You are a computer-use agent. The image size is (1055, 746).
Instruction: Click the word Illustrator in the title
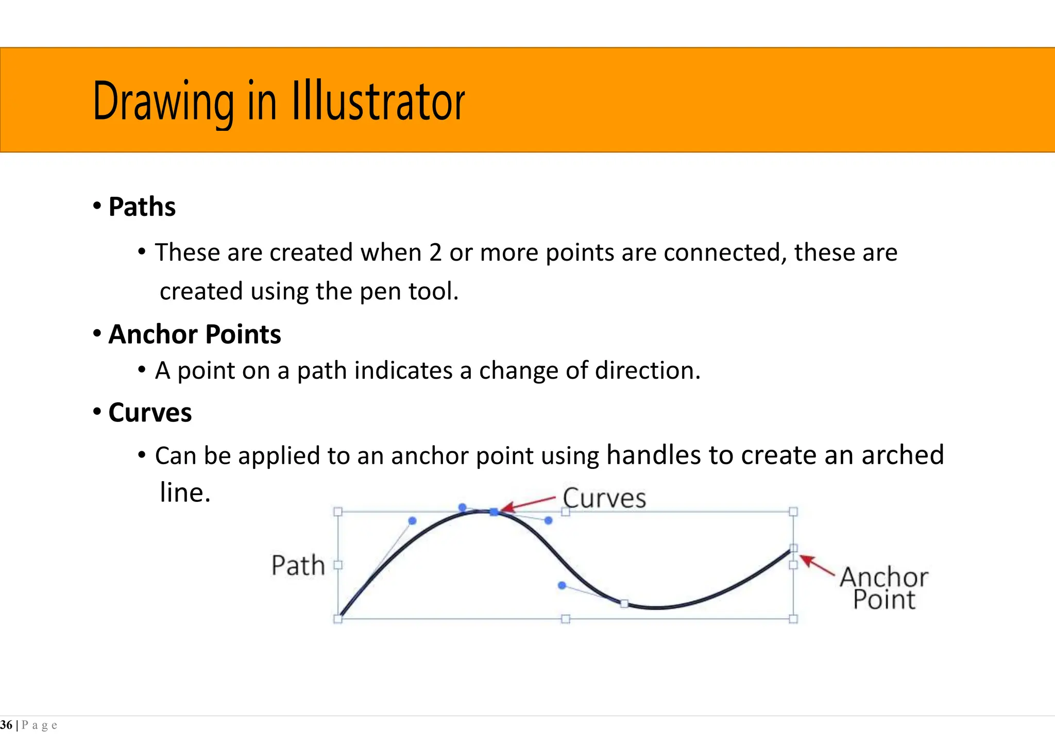[x=379, y=101]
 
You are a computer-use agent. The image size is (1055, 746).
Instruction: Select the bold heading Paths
[x=142, y=207]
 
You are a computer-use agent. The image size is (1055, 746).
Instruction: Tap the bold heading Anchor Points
[x=195, y=334]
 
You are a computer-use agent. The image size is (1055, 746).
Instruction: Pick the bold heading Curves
[x=150, y=413]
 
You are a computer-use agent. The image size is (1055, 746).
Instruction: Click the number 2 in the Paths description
[x=435, y=253]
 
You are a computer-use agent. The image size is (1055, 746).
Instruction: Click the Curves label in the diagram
[x=604, y=499]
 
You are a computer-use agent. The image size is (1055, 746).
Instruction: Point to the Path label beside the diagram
[x=298, y=566]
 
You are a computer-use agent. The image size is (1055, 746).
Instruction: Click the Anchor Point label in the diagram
[x=884, y=588]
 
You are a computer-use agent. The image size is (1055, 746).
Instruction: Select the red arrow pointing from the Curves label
[x=528, y=504]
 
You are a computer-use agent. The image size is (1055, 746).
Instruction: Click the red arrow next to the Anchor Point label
[x=816, y=565]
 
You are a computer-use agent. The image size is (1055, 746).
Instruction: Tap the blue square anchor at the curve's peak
[x=494, y=512]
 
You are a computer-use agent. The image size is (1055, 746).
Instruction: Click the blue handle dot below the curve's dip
[x=562, y=585]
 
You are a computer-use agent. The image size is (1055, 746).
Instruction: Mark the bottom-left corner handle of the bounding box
[x=338, y=619]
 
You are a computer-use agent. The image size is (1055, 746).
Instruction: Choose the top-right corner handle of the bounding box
[x=793, y=512]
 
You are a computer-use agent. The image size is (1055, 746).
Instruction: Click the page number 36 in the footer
[x=6, y=725]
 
